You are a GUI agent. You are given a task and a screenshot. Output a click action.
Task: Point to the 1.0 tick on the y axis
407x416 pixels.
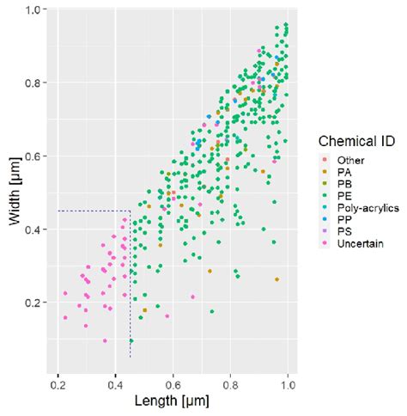[33, 9]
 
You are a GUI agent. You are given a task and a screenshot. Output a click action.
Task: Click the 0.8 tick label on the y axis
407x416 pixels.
[33, 83]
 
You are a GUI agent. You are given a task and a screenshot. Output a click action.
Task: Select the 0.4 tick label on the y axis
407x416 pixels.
[33, 229]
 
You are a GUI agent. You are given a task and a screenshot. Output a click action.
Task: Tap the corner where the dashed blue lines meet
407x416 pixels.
[130, 211]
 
